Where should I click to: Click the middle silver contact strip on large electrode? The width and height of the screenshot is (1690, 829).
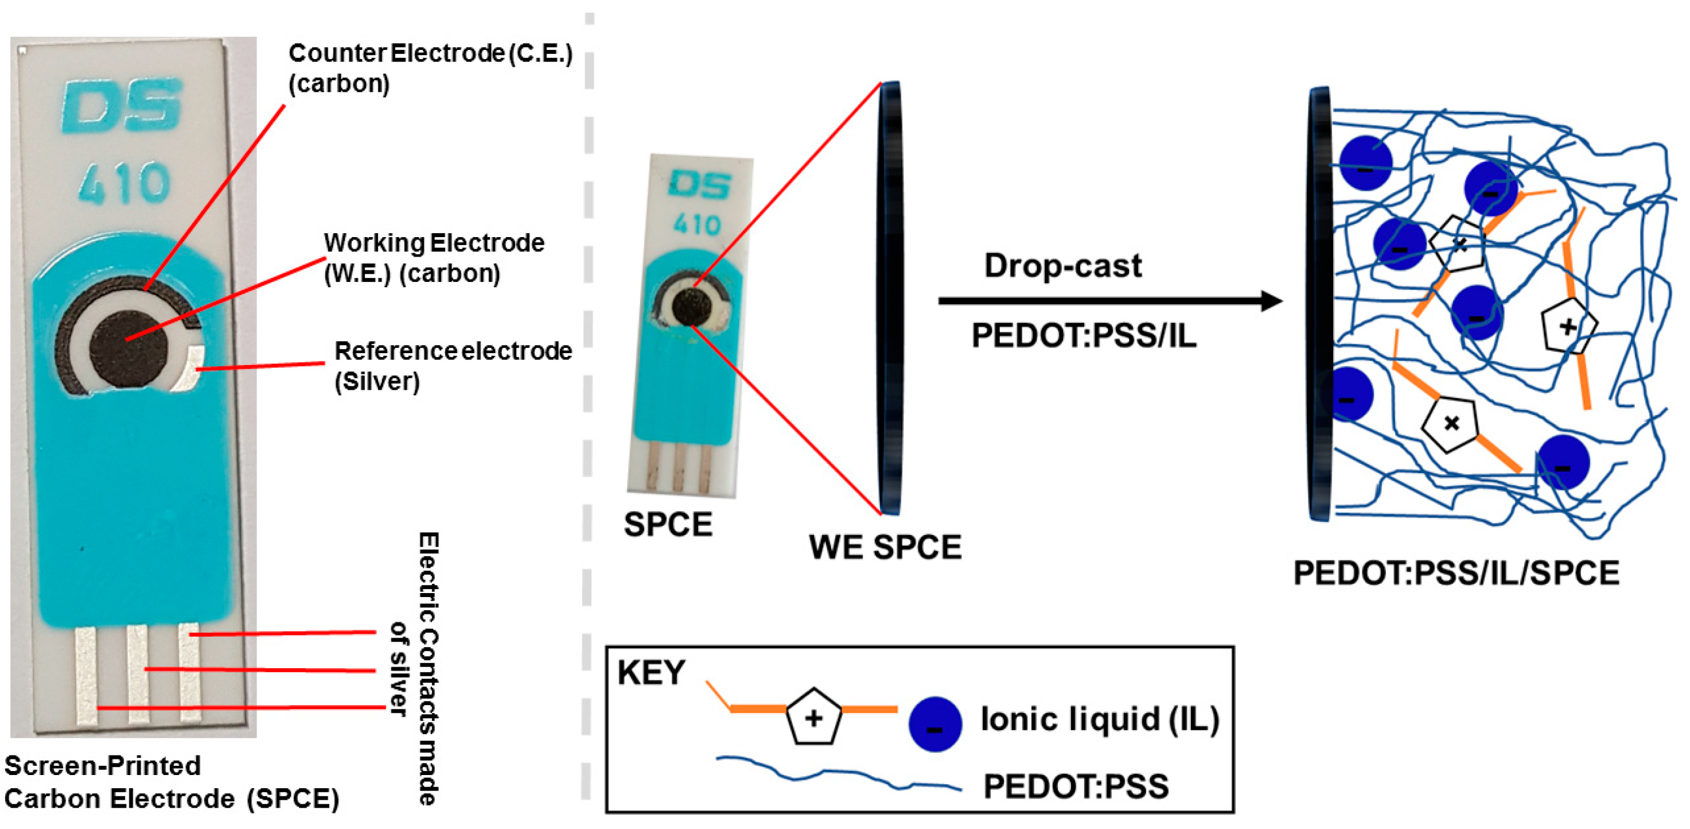click(x=138, y=673)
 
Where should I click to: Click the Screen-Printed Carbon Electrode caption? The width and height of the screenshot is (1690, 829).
click(x=170, y=782)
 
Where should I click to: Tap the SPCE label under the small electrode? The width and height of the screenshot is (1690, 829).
click(x=668, y=525)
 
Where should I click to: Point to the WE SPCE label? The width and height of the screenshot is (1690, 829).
click(x=885, y=547)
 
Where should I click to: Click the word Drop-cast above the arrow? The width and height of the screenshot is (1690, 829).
click(x=1063, y=266)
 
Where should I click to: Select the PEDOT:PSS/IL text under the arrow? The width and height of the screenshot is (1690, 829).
click(x=1084, y=335)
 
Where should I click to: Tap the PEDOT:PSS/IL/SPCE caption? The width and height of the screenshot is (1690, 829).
click(x=1456, y=573)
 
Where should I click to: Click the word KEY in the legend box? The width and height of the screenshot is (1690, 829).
click(x=651, y=672)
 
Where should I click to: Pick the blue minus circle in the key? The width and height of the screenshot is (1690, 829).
click(x=935, y=724)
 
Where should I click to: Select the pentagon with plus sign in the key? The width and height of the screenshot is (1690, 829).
click(x=813, y=716)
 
